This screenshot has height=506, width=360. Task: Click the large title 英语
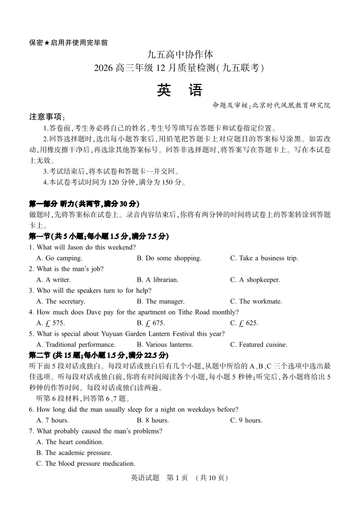click(179, 91)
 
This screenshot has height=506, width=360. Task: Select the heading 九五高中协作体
click(179, 55)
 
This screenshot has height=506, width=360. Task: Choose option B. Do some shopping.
click(169, 258)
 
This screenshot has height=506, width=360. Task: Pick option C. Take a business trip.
click(264, 258)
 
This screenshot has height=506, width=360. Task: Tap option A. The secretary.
click(61, 301)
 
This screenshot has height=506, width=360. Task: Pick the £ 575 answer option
click(50, 323)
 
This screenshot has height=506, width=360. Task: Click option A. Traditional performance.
click(76, 344)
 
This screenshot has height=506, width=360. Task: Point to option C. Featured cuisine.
click(259, 344)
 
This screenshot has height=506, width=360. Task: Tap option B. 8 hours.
click(152, 420)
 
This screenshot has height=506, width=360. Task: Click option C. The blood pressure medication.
click(85, 463)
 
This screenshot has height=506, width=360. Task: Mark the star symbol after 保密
click(47, 43)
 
